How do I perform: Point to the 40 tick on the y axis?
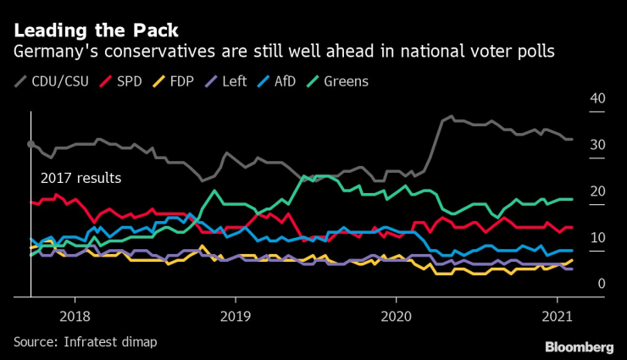(x=596, y=99)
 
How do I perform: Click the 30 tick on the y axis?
(x=596, y=146)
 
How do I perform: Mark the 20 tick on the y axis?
(x=596, y=191)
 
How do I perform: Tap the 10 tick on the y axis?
(x=596, y=238)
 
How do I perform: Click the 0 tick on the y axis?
(x=601, y=285)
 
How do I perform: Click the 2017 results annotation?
(x=81, y=178)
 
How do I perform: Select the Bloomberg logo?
(x=580, y=347)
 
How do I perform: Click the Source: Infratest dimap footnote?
(x=86, y=341)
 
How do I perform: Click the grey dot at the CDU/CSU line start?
(x=31, y=145)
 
